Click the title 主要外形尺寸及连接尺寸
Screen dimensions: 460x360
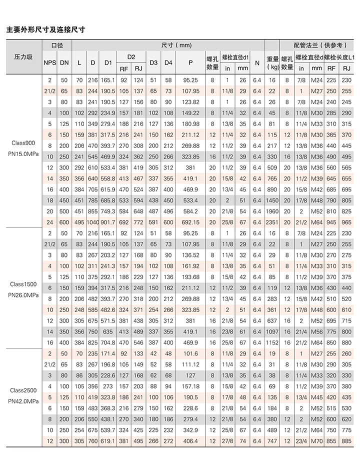coord(45,29)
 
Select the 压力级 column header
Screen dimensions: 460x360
coord(22,57)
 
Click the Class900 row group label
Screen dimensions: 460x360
coord(22,142)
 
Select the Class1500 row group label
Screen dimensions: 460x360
coord(22,284)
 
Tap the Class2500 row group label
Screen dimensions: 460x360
coord(22,390)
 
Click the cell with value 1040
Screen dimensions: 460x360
coord(92,222)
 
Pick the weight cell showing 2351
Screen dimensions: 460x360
coord(272,222)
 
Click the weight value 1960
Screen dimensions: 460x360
coord(272,211)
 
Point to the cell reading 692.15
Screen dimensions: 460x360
coord(191,222)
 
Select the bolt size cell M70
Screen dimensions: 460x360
coord(317,441)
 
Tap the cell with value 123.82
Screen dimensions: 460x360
coord(191,102)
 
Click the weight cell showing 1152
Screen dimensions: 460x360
coord(272,342)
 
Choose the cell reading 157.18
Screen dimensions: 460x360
coord(191,386)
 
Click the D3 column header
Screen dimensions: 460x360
coord(154,62)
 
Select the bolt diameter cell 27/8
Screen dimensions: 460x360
coord(227,441)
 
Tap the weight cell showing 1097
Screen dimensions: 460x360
coord(272,331)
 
